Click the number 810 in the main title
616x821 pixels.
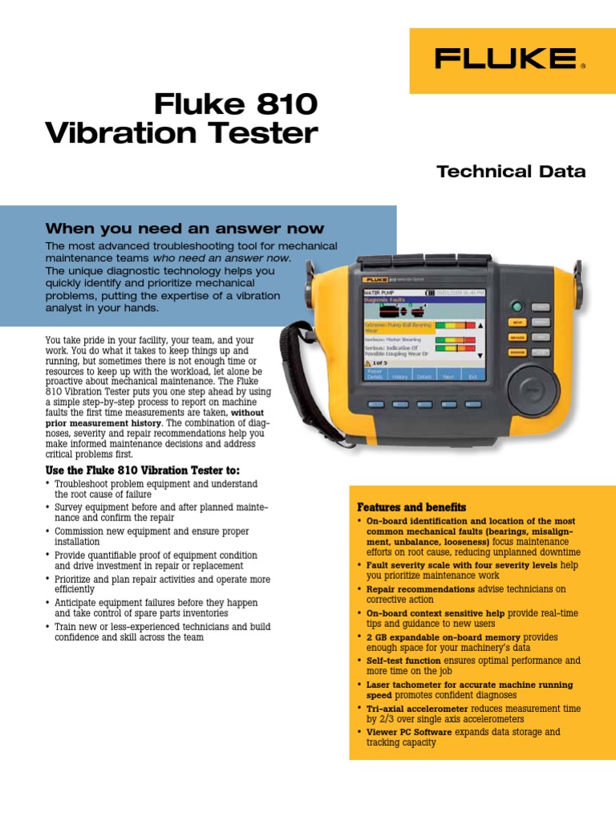pyautogui.click(x=278, y=104)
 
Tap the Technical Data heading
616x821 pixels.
pyautogui.click(x=510, y=172)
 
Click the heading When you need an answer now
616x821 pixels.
pyautogui.click(x=185, y=229)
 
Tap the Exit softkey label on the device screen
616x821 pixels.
pyautogui.click(x=472, y=374)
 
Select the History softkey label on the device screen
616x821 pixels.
pyautogui.click(x=400, y=374)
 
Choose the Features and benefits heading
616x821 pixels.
pyautogui.click(x=411, y=508)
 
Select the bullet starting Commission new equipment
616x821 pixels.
pyautogui.click(x=152, y=536)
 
